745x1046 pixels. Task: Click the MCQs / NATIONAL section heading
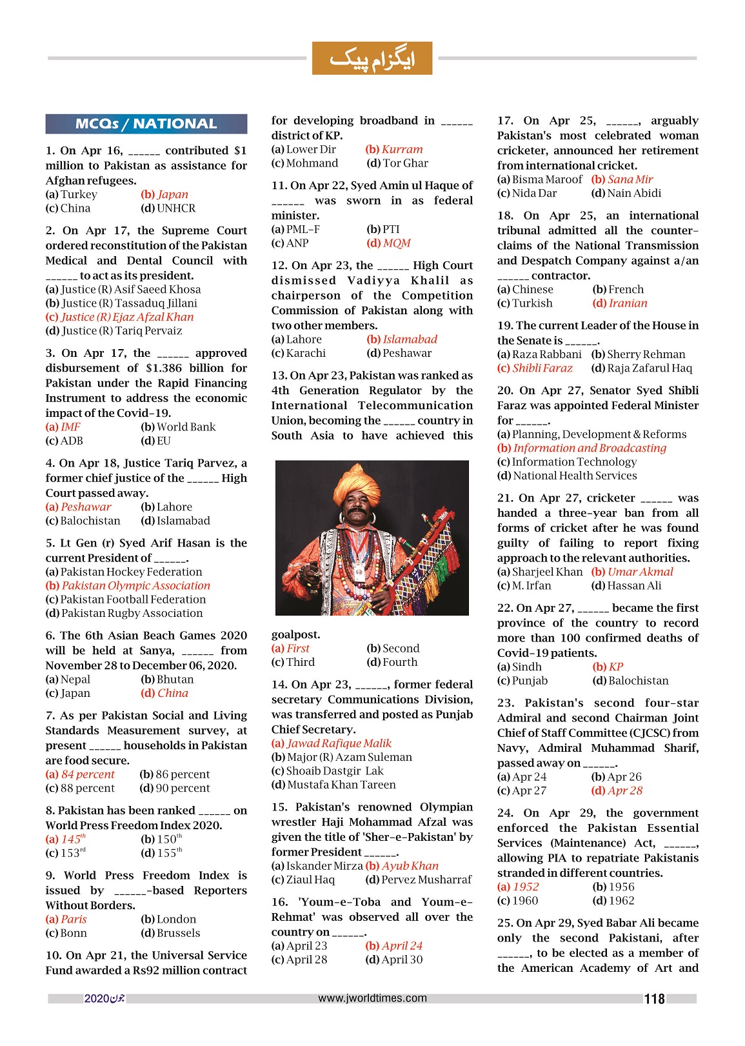(x=146, y=124)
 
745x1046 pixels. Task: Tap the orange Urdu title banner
(x=372, y=59)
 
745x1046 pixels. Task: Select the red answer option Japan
(x=165, y=194)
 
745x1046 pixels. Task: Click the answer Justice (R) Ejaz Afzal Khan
(x=120, y=317)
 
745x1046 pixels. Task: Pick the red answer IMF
(x=63, y=427)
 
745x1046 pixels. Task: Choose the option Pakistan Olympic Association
(x=128, y=585)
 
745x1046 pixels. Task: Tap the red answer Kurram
(x=395, y=149)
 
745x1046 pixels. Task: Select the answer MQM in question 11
(x=389, y=243)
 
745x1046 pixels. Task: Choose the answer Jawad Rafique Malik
(x=332, y=743)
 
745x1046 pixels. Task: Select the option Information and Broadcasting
(x=582, y=448)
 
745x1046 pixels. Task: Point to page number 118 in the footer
(x=654, y=999)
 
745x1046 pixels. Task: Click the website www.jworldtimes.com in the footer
(x=372, y=998)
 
